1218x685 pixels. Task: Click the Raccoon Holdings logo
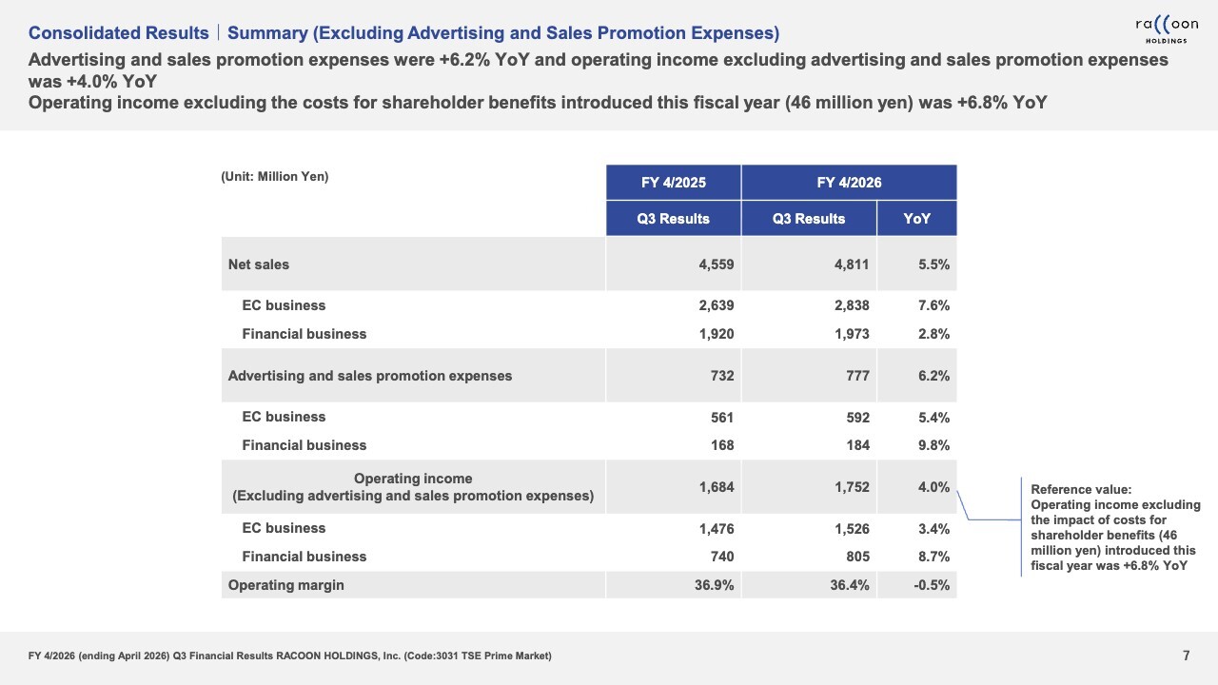pyautogui.click(x=1167, y=30)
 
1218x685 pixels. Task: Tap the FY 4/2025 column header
pyautogui.click(x=673, y=183)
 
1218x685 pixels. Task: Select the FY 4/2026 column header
pyautogui.click(x=849, y=183)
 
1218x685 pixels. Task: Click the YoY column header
pyautogui.click(x=916, y=219)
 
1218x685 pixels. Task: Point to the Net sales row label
pyautogui.click(x=258, y=264)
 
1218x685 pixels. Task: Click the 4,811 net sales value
pyautogui.click(x=852, y=264)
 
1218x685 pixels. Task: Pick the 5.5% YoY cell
pyautogui.click(x=933, y=264)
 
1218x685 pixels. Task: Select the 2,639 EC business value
pyautogui.click(x=717, y=305)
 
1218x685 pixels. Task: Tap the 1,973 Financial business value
pyautogui.click(x=852, y=334)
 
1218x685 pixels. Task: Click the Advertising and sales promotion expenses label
pyautogui.click(x=370, y=376)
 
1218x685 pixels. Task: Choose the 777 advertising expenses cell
pyautogui.click(x=857, y=376)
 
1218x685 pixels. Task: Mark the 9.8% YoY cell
pyautogui.click(x=933, y=445)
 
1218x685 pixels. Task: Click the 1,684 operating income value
pyautogui.click(x=717, y=487)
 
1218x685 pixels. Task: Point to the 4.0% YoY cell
pyautogui.click(x=933, y=487)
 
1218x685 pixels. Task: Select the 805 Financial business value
pyautogui.click(x=857, y=557)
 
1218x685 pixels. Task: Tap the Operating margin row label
pyautogui.click(x=286, y=585)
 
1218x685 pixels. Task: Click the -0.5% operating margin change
pyautogui.click(x=932, y=585)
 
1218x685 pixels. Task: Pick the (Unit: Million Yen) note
pyautogui.click(x=275, y=177)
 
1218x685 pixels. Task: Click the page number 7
pyautogui.click(x=1187, y=656)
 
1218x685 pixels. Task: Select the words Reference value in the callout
pyautogui.click(x=1081, y=489)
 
